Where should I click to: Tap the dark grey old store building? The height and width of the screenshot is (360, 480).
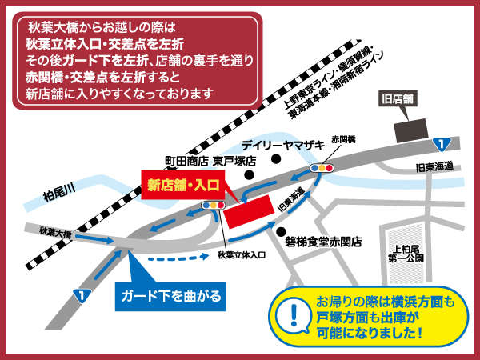pyautogui.click(x=412, y=128)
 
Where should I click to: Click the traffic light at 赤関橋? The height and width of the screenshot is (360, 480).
pyautogui.click(x=323, y=169)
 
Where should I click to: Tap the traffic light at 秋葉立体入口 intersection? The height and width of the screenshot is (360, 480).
pyautogui.click(x=214, y=206)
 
